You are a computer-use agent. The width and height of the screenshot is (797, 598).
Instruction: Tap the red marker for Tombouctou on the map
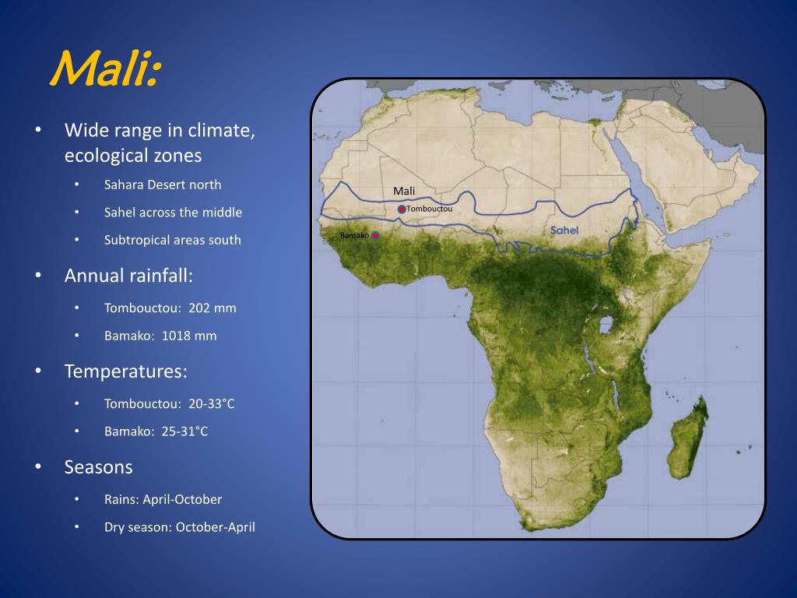pos(402,209)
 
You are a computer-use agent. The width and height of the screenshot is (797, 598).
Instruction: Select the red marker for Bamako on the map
pos(376,235)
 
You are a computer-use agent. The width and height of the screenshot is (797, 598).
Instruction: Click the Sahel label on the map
pos(564,230)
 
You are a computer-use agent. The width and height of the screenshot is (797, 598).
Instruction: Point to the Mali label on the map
pos(404,192)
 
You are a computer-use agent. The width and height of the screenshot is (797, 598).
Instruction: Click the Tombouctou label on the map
pos(429,209)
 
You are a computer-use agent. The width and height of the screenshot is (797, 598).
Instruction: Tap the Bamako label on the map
pos(354,235)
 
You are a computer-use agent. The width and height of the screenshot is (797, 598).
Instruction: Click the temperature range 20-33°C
pos(211,403)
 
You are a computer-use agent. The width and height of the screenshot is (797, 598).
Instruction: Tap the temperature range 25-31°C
pos(184,431)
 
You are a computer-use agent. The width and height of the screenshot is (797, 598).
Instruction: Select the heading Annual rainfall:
pos(128,276)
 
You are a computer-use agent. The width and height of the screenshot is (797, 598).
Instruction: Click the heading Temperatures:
pos(126,371)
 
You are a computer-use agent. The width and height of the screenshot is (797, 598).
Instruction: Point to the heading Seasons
pos(99,467)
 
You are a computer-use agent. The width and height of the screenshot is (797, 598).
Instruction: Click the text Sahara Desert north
pos(163,185)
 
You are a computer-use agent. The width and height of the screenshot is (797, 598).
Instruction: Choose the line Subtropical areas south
pos(173,240)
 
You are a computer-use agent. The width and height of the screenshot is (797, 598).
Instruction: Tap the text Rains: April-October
pos(163,499)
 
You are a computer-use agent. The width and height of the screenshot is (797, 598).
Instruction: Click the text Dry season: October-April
pos(180,527)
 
